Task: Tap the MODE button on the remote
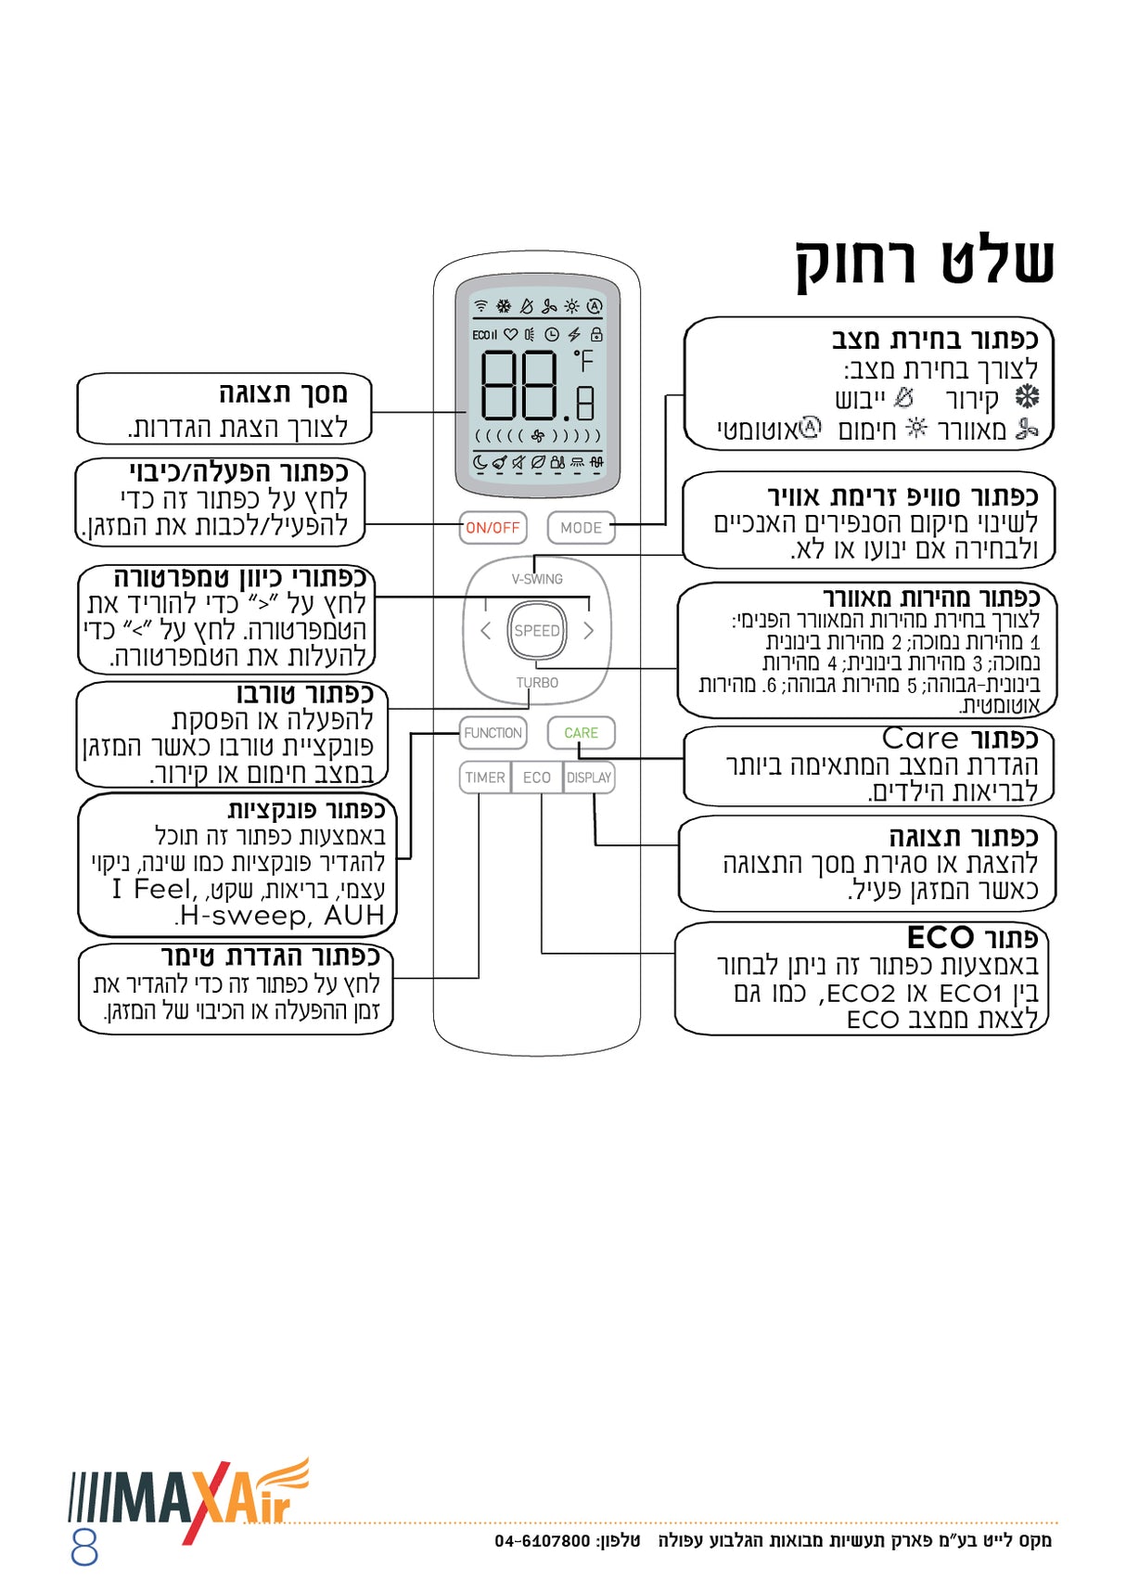(x=581, y=528)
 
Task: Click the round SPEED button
(x=536, y=631)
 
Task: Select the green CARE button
(x=581, y=733)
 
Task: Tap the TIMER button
(x=485, y=777)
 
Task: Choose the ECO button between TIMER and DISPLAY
(x=537, y=777)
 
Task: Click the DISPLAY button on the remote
(x=589, y=777)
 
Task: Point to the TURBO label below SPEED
(x=537, y=683)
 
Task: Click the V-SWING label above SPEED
(x=537, y=579)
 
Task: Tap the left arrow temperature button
(x=485, y=631)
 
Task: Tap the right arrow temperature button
(x=588, y=631)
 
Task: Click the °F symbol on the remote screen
(x=583, y=361)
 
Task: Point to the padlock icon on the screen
(x=596, y=334)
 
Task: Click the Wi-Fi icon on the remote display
(x=480, y=305)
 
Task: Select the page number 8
(x=84, y=1548)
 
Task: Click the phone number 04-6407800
(x=542, y=1541)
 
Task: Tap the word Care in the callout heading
(x=920, y=739)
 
